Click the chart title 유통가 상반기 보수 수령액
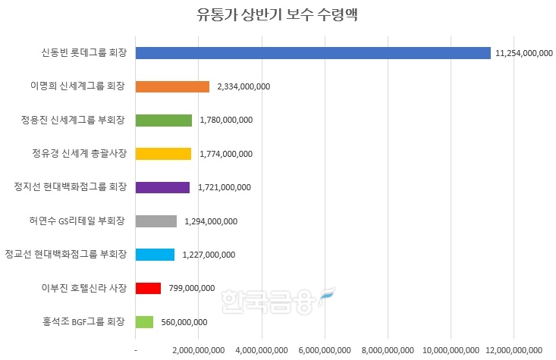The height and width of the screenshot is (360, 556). pyautogui.click(x=278, y=16)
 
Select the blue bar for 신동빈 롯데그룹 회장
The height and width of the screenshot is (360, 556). pyautogui.click(x=313, y=52)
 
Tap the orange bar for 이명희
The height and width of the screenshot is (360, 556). pyautogui.click(x=171, y=86)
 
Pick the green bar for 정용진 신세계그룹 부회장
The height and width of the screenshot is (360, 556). pyautogui.click(x=163, y=120)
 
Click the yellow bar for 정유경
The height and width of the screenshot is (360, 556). pyautogui.click(x=163, y=154)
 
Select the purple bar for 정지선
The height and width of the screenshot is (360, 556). pyautogui.click(x=162, y=187)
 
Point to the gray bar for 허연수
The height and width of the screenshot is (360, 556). pyautogui.click(x=155, y=221)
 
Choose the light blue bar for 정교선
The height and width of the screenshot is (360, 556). pyautogui.click(x=155, y=255)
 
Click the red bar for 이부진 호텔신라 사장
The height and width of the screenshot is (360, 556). pyautogui.click(x=148, y=288)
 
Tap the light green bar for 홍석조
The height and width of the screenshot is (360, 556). pyautogui.click(x=144, y=322)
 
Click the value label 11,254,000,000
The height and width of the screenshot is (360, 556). pyautogui.click(x=523, y=53)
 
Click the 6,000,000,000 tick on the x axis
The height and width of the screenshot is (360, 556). pyautogui.click(x=325, y=350)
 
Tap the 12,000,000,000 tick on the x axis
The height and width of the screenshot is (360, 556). pyautogui.click(x=514, y=350)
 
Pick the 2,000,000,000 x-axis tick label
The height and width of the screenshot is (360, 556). pyautogui.click(x=199, y=350)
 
